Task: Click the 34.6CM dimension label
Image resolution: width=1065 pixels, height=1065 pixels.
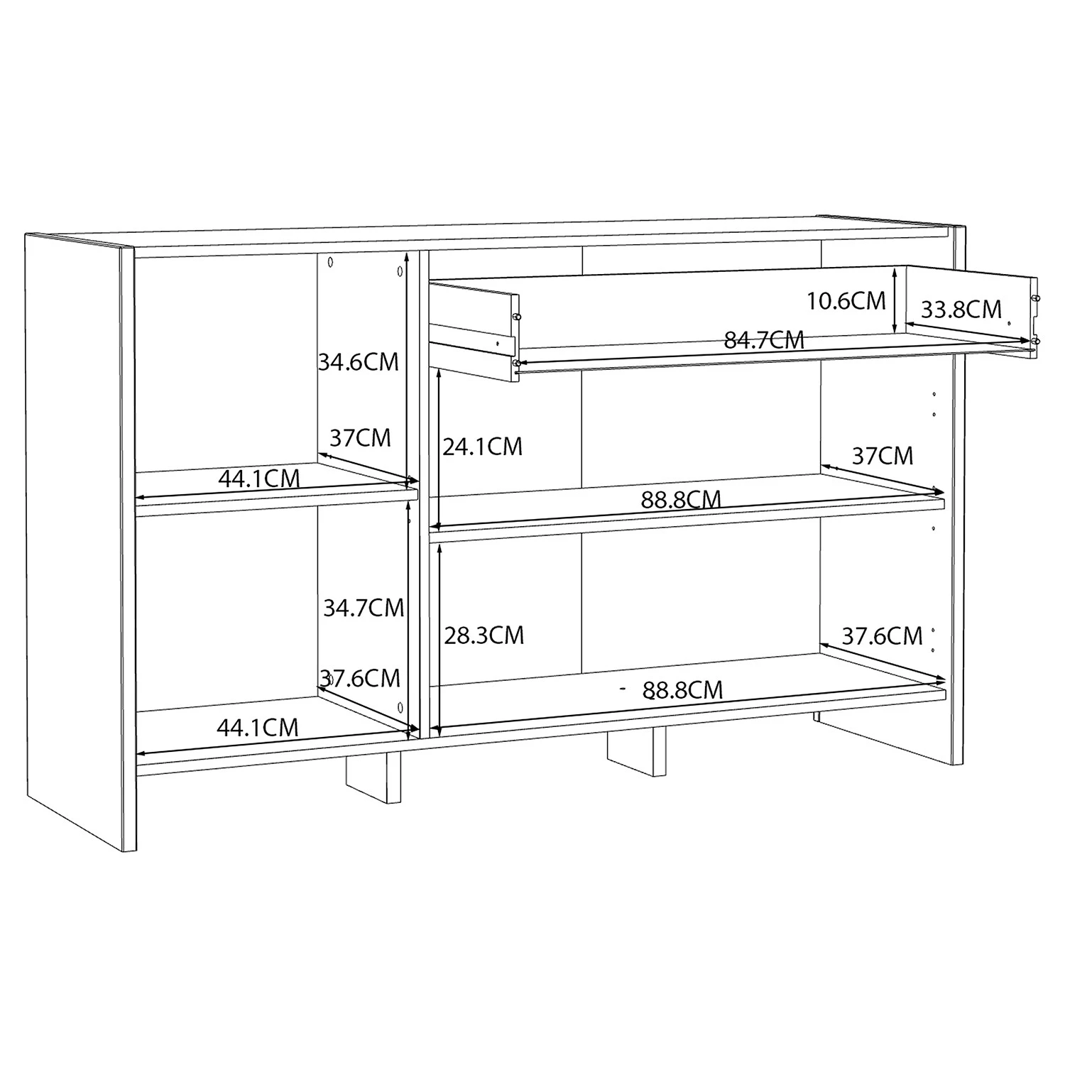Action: click(x=359, y=362)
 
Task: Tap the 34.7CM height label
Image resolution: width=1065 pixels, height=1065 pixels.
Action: click(x=364, y=608)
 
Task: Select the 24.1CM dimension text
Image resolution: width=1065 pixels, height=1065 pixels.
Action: click(x=483, y=447)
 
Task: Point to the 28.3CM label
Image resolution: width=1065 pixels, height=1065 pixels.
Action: click(x=484, y=635)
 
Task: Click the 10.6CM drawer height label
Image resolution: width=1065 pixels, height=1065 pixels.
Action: click(x=846, y=301)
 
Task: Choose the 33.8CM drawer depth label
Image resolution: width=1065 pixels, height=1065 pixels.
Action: click(x=961, y=310)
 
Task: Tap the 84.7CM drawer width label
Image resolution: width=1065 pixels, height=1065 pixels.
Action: click(x=764, y=340)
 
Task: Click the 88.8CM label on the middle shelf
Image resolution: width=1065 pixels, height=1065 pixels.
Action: click(x=681, y=500)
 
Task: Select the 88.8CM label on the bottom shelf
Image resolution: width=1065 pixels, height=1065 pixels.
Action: click(x=682, y=690)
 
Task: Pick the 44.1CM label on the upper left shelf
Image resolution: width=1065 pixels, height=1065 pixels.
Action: click(x=259, y=479)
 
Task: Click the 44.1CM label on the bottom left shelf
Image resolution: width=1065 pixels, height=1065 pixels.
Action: click(x=258, y=728)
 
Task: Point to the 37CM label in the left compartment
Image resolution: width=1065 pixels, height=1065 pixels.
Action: click(x=361, y=438)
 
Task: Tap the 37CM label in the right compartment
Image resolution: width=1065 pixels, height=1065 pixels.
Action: click(x=883, y=456)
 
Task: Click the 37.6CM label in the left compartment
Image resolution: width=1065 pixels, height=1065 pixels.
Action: click(x=360, y=679)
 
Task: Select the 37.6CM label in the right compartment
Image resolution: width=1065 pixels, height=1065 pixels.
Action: click(x=883, y=636)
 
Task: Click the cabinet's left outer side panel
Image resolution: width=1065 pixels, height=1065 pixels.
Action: click(x=80, y=543)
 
